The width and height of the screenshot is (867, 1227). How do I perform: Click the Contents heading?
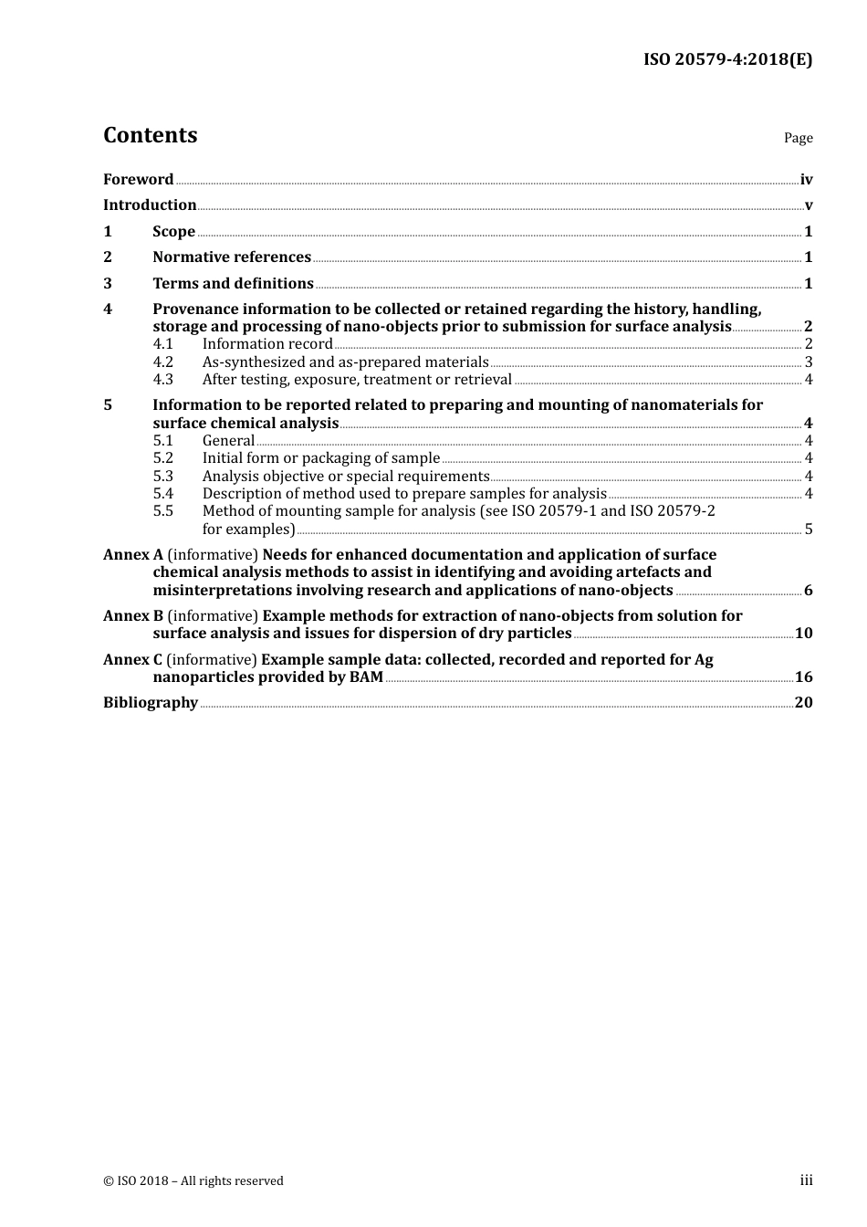click(150, 135)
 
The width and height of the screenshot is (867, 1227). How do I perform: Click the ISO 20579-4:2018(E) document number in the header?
click(727, 60)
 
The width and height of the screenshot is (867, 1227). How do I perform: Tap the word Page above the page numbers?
click(798, 138)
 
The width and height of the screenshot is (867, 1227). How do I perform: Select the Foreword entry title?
click(138, 180)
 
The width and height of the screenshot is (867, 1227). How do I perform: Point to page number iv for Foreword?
click(806, 180)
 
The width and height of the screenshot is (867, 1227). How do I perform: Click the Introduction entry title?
click(150, 205)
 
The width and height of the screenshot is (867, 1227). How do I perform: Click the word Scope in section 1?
click(173, 232)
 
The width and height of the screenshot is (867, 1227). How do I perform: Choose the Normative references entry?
click(232, 257)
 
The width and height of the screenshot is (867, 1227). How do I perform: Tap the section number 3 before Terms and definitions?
click(108, 284)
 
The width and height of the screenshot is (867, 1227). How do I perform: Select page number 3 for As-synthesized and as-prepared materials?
click(809, 362)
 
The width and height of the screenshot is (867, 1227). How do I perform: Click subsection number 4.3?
click(162, 380)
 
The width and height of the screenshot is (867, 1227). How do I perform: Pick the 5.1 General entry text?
click(228, 441)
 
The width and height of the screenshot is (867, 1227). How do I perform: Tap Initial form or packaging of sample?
click(321, 458)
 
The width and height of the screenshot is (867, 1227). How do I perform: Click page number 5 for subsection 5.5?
click(809, 530)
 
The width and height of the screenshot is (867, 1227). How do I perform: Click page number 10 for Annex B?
click(803, 634)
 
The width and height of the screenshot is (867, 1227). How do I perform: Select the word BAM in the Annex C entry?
click(366, 677)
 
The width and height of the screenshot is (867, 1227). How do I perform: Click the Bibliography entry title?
click(151, 703)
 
